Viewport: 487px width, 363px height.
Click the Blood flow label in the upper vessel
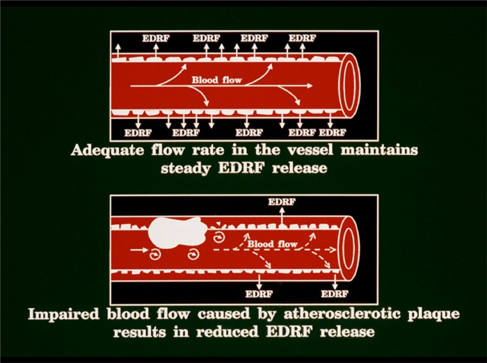217,80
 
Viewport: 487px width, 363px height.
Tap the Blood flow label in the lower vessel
272,244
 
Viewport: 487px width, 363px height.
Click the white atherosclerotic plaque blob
173,234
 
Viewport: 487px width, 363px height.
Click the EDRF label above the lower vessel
281,202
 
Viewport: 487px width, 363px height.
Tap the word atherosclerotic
340,314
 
